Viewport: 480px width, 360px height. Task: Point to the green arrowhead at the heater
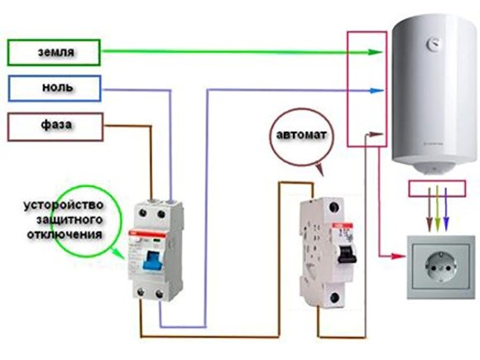[378, 52]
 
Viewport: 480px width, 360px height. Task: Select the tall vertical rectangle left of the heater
[367, 87]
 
